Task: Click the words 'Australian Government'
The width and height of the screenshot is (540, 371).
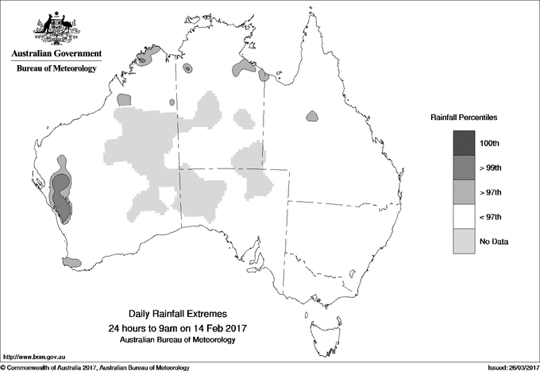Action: tap(56, 54)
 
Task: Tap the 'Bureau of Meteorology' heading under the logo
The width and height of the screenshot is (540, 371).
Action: tap(56, 69)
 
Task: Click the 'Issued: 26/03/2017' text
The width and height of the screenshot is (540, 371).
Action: tap(507, 367)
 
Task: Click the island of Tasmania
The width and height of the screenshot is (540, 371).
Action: tap(321, 327)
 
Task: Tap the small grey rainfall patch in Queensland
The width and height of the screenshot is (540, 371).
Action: tap(312, 117)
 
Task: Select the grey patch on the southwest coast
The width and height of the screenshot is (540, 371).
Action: tap(72, 261)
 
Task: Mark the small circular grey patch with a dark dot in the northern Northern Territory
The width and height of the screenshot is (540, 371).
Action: tap(187, 68)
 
